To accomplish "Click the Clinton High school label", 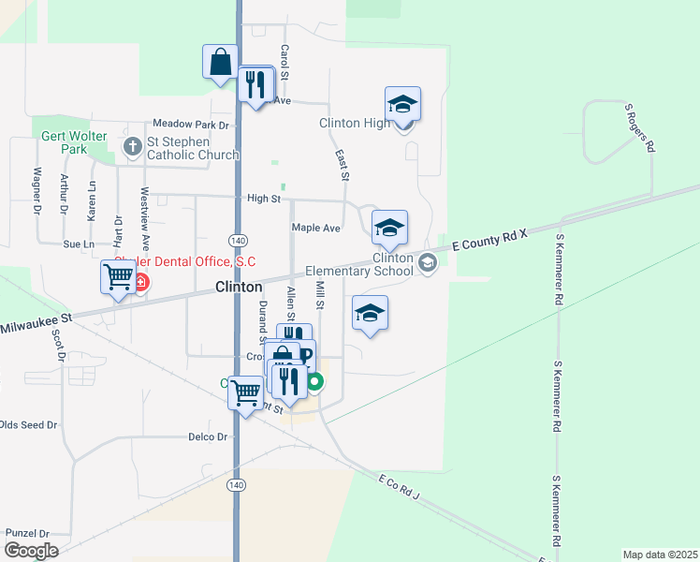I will point(355,124).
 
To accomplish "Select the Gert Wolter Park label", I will point(64,141).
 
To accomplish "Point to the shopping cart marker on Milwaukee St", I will point(118,277).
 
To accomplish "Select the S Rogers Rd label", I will point(639,128).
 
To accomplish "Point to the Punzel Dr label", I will point(26,532).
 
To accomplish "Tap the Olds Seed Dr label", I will point(28,424).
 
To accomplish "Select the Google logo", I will point(30,550).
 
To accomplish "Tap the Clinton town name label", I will point(239,288).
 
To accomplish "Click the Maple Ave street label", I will point(315,228).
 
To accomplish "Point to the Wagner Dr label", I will point(37,190).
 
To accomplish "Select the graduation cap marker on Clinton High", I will point(402,105).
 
